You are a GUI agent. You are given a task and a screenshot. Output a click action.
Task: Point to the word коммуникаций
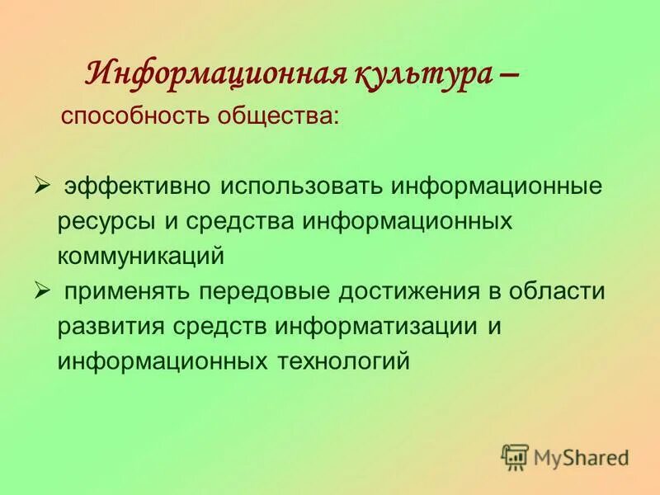pos(141,255)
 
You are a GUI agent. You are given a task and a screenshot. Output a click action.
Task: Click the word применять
pos(128,291)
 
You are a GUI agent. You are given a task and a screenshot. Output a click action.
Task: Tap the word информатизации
pos(394,325)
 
